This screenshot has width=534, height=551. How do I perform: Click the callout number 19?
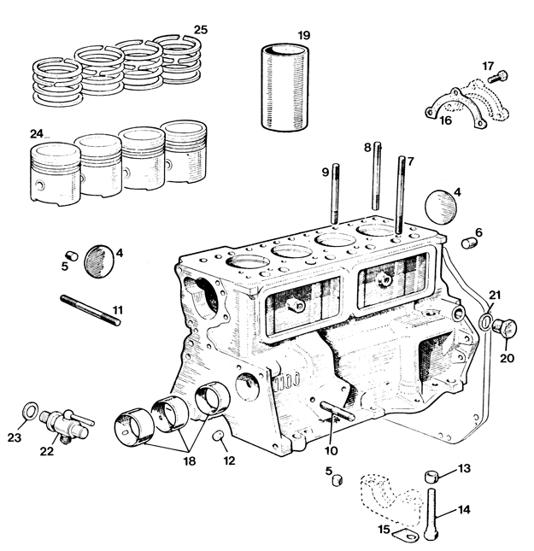point(304,36)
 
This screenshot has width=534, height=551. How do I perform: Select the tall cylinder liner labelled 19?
point(285,87)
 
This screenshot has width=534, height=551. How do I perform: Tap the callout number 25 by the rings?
point(201,30)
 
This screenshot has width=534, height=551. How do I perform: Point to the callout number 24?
point(36,134)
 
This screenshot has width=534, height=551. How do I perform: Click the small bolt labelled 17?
point(498,77)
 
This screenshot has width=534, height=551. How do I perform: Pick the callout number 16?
point(445,120)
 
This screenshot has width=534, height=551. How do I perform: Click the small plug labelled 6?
point(469,243)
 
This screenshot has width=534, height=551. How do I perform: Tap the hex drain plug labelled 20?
point(504,326)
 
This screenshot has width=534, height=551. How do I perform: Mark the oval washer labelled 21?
point(485,322)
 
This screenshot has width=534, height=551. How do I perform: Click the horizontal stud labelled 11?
point(91,311)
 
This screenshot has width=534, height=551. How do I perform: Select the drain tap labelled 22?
point(66,425)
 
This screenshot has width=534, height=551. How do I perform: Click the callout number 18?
point(189,460)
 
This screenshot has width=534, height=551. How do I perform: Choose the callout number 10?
point(331,450)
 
